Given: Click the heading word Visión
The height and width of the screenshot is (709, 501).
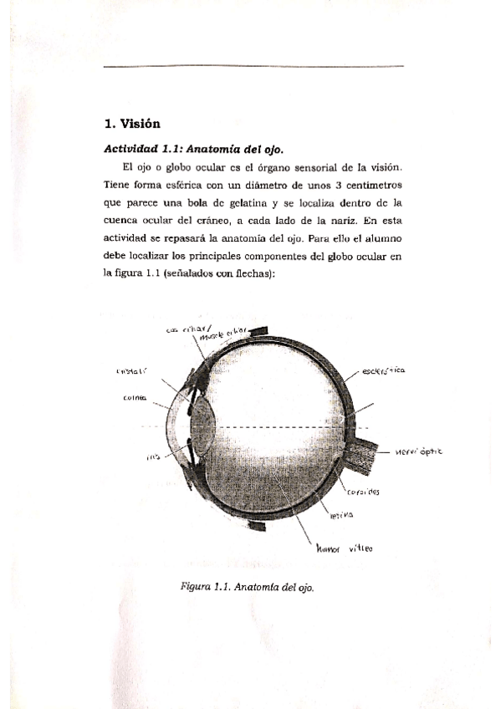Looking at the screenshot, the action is pos(141,124).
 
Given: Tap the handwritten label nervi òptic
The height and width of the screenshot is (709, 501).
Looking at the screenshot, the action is pos(418,451).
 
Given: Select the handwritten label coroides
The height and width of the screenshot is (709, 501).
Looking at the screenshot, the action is pos(364,492).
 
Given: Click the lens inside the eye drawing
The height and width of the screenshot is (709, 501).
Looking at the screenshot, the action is pos(202,426).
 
